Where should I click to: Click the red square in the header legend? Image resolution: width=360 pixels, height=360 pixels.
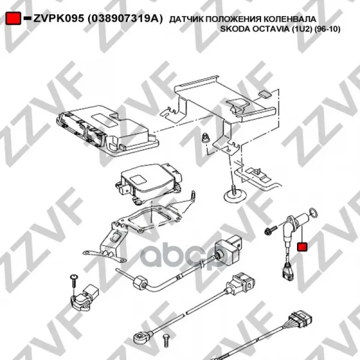click(x=13, y=18)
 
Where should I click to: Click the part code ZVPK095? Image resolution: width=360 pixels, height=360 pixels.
click(x=59, y=19)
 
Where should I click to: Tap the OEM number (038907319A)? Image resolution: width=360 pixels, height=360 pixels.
click(x=125, y=19)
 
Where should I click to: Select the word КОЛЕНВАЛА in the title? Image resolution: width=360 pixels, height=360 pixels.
click(x=290, y=19)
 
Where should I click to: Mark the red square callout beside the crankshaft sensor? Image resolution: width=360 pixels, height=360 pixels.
click(x=302, y=247)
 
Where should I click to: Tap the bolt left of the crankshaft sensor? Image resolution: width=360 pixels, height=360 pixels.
click(x=271, y=230)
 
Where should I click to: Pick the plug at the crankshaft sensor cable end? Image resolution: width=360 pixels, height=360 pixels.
click(x=287, y=272)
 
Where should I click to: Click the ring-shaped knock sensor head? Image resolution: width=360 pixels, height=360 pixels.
click(x=140, y=337)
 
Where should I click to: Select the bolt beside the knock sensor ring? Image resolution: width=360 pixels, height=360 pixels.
click(x=166, y=340)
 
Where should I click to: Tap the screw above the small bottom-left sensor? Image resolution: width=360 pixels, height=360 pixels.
click(x=74, y=281)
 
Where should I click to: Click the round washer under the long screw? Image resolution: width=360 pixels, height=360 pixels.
click(x=235, y=197)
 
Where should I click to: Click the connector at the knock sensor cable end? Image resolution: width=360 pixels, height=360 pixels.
click(x=241, y=283)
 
